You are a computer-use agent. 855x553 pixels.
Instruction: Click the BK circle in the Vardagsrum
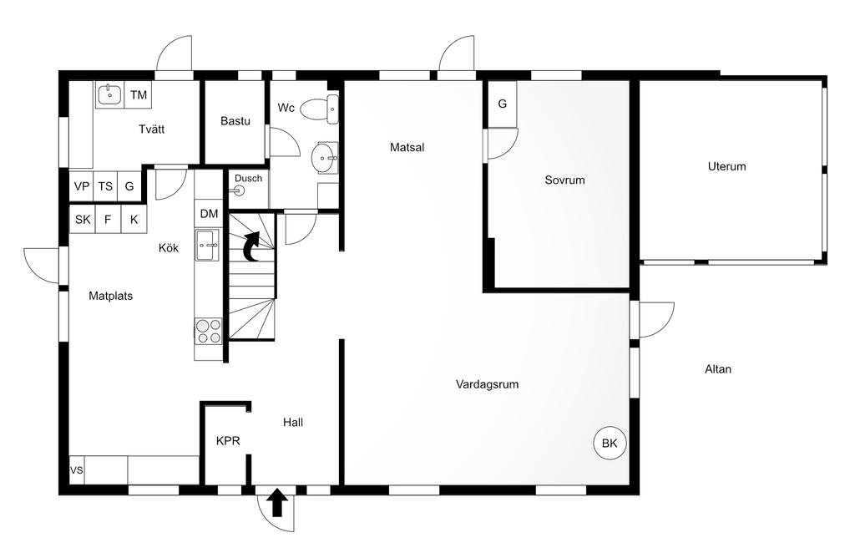coord(610,444)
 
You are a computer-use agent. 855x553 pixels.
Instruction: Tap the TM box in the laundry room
coord(139,95)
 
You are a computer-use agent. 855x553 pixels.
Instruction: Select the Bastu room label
coord(235,121)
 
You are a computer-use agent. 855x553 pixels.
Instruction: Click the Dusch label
coord(248,178)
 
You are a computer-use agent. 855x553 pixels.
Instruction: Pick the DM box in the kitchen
coord(209,214)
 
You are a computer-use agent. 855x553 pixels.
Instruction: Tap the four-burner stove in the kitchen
coord(209,332)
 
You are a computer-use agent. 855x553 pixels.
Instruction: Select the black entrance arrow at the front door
coord(278,503)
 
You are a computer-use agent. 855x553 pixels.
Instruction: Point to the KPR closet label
coord(228,441)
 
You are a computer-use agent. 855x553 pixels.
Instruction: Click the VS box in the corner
coord(77,470)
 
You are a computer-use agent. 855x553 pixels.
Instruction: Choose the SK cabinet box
coord(82,220)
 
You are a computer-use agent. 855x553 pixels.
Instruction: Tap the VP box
coord(81,186)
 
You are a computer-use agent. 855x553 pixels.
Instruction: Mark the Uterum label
coord(726,166)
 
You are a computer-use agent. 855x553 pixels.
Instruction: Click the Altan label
coord(718,368)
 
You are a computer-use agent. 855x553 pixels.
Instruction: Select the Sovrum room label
coord(564,180)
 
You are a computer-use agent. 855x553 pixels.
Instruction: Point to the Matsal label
coord(407,147)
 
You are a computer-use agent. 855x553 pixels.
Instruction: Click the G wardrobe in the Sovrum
coord(502,104)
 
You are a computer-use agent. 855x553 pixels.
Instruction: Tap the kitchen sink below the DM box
coord(209,246)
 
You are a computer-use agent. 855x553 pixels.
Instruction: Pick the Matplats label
coord(111,296)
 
